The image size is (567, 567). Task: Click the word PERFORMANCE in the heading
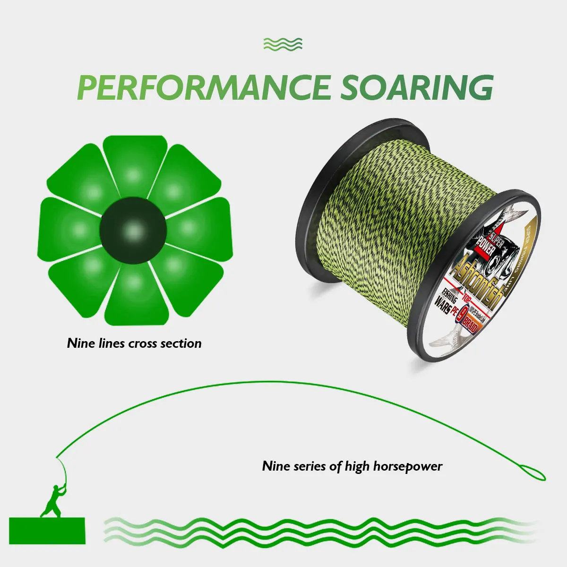203,87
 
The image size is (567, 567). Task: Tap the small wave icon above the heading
283,44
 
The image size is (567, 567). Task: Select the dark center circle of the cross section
133,231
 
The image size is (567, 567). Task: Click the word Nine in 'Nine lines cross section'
81,343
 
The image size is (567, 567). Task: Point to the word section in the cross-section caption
182,343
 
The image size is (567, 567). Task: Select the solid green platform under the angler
47,530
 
